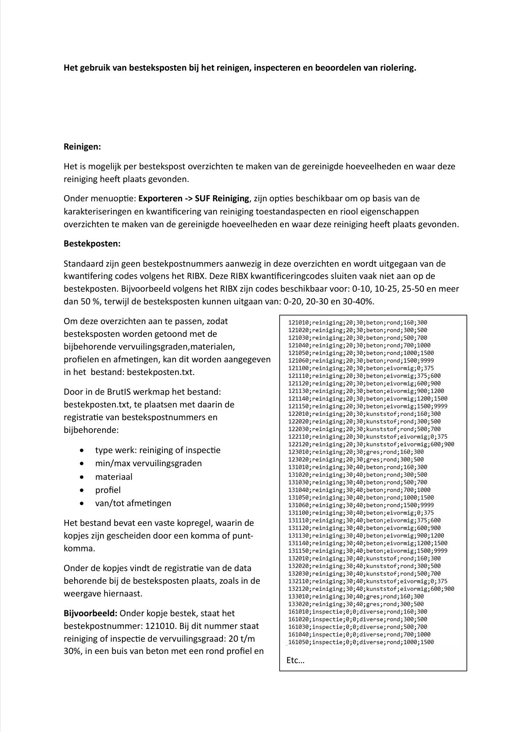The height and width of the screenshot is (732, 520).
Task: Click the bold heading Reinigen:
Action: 82,147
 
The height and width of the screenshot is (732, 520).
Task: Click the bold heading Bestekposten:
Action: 92,243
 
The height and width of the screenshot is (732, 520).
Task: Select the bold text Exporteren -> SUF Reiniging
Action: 194,199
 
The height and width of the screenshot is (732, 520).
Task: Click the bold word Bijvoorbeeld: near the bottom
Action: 90,614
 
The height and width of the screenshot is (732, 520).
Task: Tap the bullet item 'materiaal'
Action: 114,477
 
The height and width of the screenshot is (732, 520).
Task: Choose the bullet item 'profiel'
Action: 108,490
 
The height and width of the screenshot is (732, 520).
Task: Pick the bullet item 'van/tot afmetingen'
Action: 133,503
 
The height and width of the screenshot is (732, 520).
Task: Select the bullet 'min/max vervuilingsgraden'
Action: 148,464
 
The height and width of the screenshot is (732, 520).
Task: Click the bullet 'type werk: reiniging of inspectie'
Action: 158,450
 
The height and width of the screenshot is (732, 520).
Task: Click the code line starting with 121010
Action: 357,323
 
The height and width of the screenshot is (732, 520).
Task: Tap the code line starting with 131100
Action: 361,513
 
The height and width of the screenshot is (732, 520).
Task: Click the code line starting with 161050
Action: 361,642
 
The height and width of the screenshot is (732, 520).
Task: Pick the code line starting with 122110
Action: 368,437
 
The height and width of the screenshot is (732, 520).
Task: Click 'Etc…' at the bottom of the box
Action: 295,661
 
